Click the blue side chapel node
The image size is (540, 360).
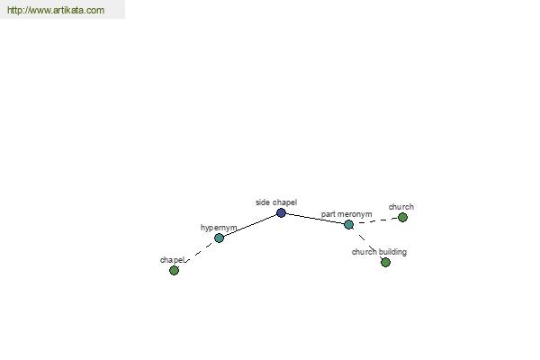[x=281, y=213]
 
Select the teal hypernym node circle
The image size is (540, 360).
[x=219, y=238]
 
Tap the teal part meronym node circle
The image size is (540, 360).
[x=348, y=225]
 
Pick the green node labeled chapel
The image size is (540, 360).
[x=175, y=270]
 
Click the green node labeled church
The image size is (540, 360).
[x=402, y=218]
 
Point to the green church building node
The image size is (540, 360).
[x=386, y=263]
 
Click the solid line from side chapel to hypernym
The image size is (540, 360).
[x=250, y=226]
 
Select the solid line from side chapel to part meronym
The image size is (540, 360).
[x=315, y=219]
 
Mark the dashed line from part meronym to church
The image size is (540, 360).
[x=375, y=220]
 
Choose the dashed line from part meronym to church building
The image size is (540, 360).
[x=366, y=242]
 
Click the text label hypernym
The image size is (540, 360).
[x=219, y=228]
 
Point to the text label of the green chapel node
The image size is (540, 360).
[x=172, y=260]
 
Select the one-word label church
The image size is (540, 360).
[x=401, y=207]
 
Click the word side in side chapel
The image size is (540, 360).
[x=263, y=202]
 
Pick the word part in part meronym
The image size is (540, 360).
[x=329, y=214]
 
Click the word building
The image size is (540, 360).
[x=392, y=252]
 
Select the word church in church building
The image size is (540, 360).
[x=364, y=252]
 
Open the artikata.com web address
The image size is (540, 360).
[x=56, y=10]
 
